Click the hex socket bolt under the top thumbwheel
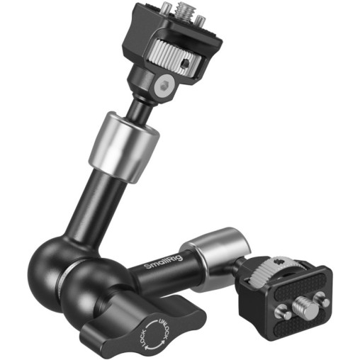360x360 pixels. tap(162, 86)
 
